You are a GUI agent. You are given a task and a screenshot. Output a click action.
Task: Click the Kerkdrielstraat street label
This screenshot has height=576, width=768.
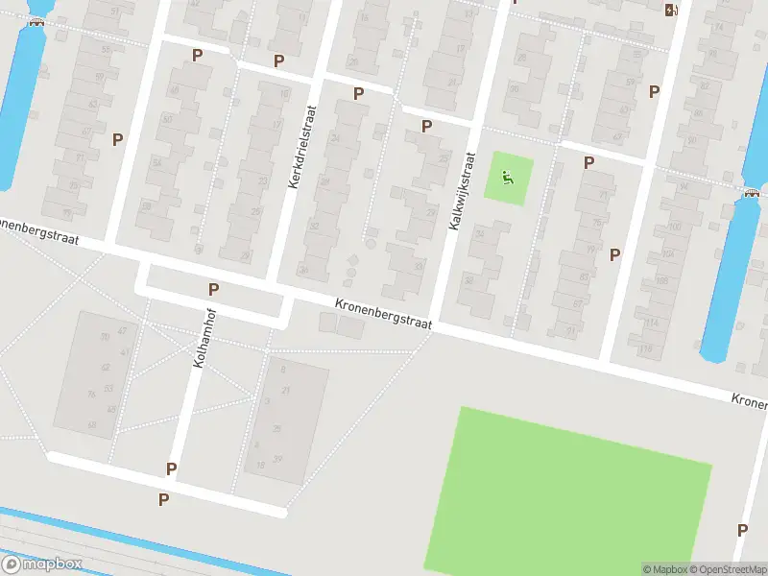tap(300, 146)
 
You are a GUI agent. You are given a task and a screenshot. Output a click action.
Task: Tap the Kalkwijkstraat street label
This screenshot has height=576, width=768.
tap(462, 189)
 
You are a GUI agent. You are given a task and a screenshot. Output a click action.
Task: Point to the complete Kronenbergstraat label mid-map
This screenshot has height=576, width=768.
tap(383, 314)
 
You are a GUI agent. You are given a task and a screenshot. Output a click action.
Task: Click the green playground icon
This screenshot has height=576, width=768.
tap(507, 178)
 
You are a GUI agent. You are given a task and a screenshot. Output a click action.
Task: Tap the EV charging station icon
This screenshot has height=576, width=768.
tap(670, 10)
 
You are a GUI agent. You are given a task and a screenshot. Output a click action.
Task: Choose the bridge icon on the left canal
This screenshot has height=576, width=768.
tap(36, 24)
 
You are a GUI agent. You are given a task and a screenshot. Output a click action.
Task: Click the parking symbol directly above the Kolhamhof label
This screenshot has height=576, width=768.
tap(213, 288)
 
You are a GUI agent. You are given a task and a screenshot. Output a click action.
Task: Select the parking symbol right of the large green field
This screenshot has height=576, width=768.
tap(742, 530)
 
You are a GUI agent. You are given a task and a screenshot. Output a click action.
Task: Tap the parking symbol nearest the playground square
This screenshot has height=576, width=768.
tap(588, 162)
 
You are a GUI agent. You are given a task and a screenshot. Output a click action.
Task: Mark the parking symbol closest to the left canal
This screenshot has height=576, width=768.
tap(117, 139)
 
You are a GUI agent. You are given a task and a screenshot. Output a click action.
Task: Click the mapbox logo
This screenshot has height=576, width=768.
tap(41, 564)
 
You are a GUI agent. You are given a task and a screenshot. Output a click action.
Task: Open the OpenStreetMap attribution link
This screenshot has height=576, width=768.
tap(730, 569)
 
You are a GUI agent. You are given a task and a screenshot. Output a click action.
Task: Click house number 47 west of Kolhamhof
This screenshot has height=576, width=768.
tap(122, 330)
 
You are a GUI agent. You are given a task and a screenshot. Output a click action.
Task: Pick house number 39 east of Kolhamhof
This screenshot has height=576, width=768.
tap(278, 458)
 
